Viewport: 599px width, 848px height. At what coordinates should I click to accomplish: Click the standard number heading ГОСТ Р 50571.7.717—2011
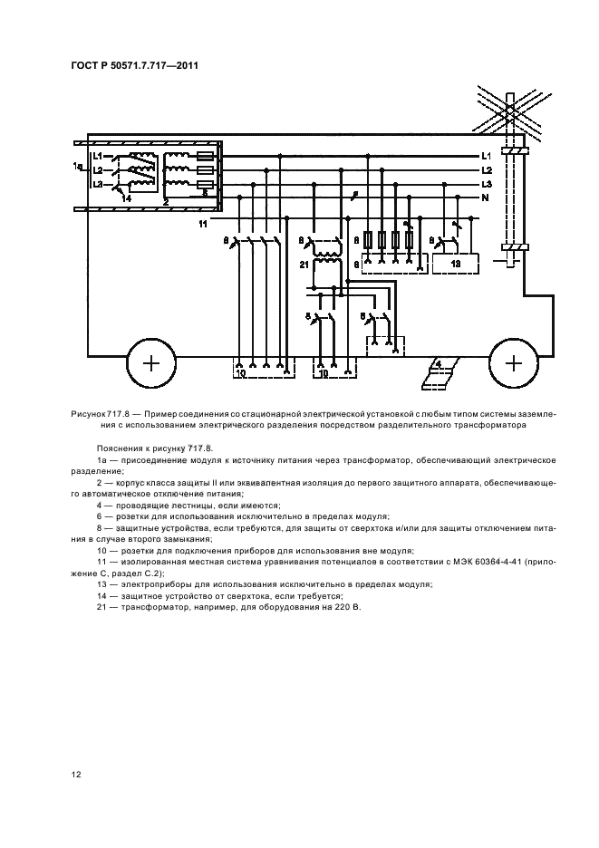point(133,65)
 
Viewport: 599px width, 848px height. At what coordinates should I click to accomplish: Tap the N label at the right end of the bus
point(486,198)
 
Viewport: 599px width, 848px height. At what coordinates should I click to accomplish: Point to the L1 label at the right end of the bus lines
point(487,156)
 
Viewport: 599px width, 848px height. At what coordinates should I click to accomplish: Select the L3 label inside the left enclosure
point(98,184)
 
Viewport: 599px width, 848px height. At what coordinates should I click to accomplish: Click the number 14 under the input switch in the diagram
point(126,198)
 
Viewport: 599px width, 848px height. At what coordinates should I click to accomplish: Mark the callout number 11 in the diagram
point(203,222)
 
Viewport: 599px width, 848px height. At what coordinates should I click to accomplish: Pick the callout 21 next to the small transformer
point(304,264)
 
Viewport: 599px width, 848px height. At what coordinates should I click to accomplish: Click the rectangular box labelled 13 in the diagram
point(456,263)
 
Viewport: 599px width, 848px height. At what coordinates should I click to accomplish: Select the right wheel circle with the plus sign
point(514,363)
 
